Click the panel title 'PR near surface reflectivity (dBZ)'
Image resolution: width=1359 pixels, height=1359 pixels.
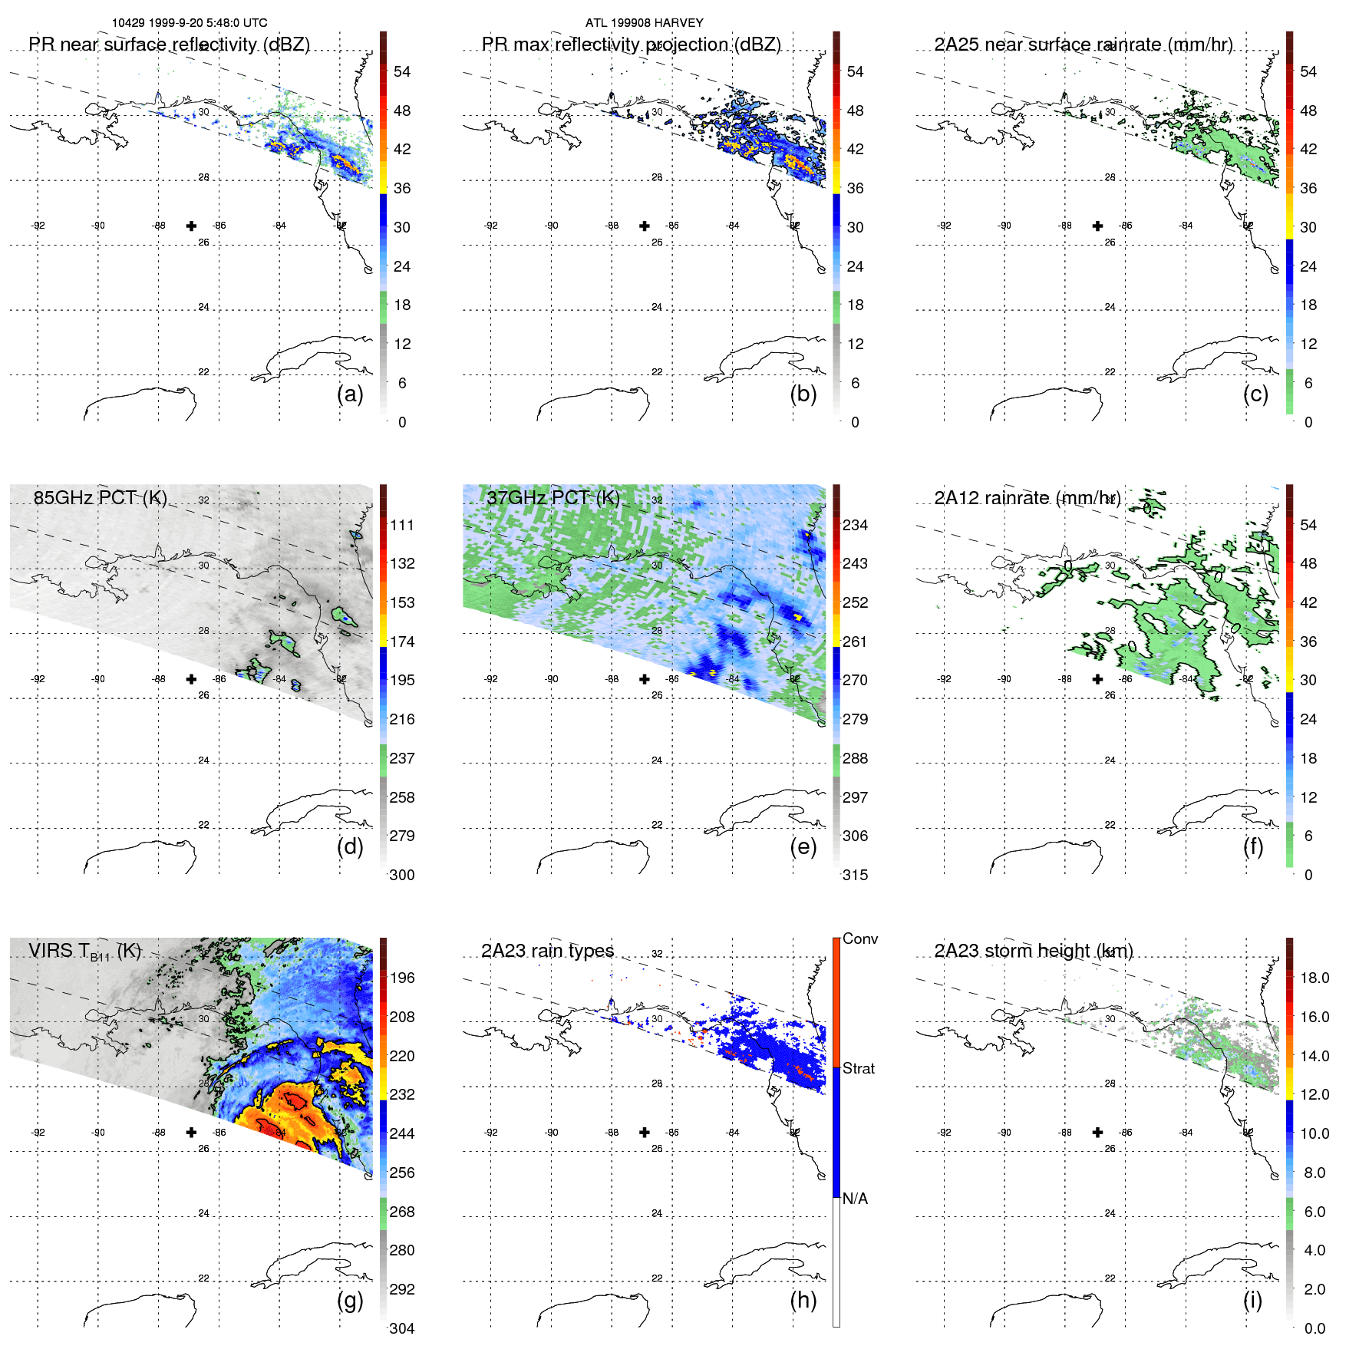pos(169,45)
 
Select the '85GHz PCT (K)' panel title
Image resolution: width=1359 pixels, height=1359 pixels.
pos(100,497)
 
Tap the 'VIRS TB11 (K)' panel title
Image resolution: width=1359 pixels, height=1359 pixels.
pos(84,952)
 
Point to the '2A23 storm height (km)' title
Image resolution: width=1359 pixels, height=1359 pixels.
pos(1033,951)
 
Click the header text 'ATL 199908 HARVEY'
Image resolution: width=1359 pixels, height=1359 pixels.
pos(644,23)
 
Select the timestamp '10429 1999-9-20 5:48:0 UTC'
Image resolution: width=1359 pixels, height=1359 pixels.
pos(190,23)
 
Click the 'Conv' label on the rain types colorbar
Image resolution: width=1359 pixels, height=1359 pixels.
pos(859,938)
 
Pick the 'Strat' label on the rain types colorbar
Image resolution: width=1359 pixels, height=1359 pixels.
pos(858,1068)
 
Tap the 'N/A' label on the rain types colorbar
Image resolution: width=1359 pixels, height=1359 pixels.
pos(855,1199)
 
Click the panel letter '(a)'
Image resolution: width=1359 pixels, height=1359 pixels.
pos(350,394)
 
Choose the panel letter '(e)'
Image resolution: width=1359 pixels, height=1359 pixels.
pos(803,846)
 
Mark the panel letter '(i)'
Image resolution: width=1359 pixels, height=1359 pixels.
pos(1252,1300)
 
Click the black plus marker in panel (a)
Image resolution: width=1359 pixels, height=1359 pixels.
pos(191,226)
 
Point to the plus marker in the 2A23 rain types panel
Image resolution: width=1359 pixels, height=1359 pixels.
pos(645,1132)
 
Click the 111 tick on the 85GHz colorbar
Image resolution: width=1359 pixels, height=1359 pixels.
pos(401,525)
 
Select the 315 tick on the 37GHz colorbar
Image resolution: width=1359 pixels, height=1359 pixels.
pos(855,875)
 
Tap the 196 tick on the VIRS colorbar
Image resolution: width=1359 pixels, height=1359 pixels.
pos(401,978)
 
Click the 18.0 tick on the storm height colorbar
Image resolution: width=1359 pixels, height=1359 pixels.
pos(1314,978)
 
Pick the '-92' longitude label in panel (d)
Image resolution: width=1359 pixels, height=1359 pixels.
pos(38,679)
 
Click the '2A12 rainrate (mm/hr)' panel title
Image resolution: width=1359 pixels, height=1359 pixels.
pos(1027,497)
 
